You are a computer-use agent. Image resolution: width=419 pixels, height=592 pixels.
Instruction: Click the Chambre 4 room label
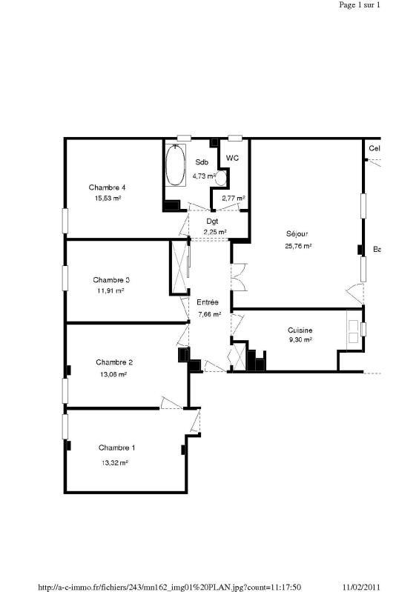click(108, 187)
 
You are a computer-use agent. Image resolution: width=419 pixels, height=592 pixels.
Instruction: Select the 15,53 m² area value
click(108, 199)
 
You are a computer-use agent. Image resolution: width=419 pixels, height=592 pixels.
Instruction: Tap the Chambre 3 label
click(111, 280)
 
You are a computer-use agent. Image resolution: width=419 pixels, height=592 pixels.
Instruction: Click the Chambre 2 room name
click(114, 362)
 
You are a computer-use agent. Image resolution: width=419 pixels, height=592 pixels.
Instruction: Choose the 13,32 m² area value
click(115, 462)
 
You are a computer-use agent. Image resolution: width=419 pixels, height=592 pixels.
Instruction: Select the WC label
click(232, 158)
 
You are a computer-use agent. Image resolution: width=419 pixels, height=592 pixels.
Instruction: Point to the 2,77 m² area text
click(233, 199)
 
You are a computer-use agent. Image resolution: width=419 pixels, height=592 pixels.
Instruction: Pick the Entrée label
click(208, 302)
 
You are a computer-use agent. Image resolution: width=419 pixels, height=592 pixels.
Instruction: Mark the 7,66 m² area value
click(210, 314)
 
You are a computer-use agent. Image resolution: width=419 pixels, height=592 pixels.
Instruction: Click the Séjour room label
click(297, 233)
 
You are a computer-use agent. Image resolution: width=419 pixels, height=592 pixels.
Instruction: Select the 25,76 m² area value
click(297, 246)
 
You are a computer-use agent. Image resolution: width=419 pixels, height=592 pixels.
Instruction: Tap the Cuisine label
click(300, 330)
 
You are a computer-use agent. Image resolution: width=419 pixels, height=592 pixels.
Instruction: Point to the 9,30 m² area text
click(299, 340)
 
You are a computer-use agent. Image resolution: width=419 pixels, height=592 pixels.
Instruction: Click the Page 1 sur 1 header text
click(360, 4)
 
